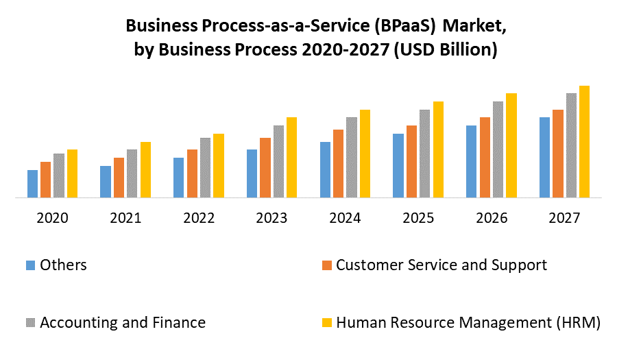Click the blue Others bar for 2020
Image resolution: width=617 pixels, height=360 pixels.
pos(32,183)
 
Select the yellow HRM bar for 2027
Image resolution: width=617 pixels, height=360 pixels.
pos(584,141)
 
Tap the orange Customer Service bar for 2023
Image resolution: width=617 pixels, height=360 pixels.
pos(265,167)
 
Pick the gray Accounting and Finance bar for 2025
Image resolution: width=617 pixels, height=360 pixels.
pos(424,153)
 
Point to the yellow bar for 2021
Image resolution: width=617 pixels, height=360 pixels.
pos(145,169)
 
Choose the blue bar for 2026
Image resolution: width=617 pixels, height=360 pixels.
pos(471,161)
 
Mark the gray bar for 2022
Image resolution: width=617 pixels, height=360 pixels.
pos(205,167)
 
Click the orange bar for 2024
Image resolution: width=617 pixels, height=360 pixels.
pos(338,163)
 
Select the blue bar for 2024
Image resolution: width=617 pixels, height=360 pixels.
pos(324,169)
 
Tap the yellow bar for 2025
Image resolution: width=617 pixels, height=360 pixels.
pos(438,149)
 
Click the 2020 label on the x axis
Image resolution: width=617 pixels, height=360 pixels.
pos(53,218)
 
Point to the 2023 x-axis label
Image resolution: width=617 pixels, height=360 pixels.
pos(271,218)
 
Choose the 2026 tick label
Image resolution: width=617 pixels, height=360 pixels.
pos(491,218)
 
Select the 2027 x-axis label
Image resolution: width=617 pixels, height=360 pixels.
pos(564,218)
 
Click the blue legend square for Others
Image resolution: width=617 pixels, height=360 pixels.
pos(30,265)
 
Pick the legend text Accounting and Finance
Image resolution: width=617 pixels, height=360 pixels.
pos(123,322)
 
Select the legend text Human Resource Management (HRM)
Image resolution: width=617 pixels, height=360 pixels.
pos(468,322)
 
